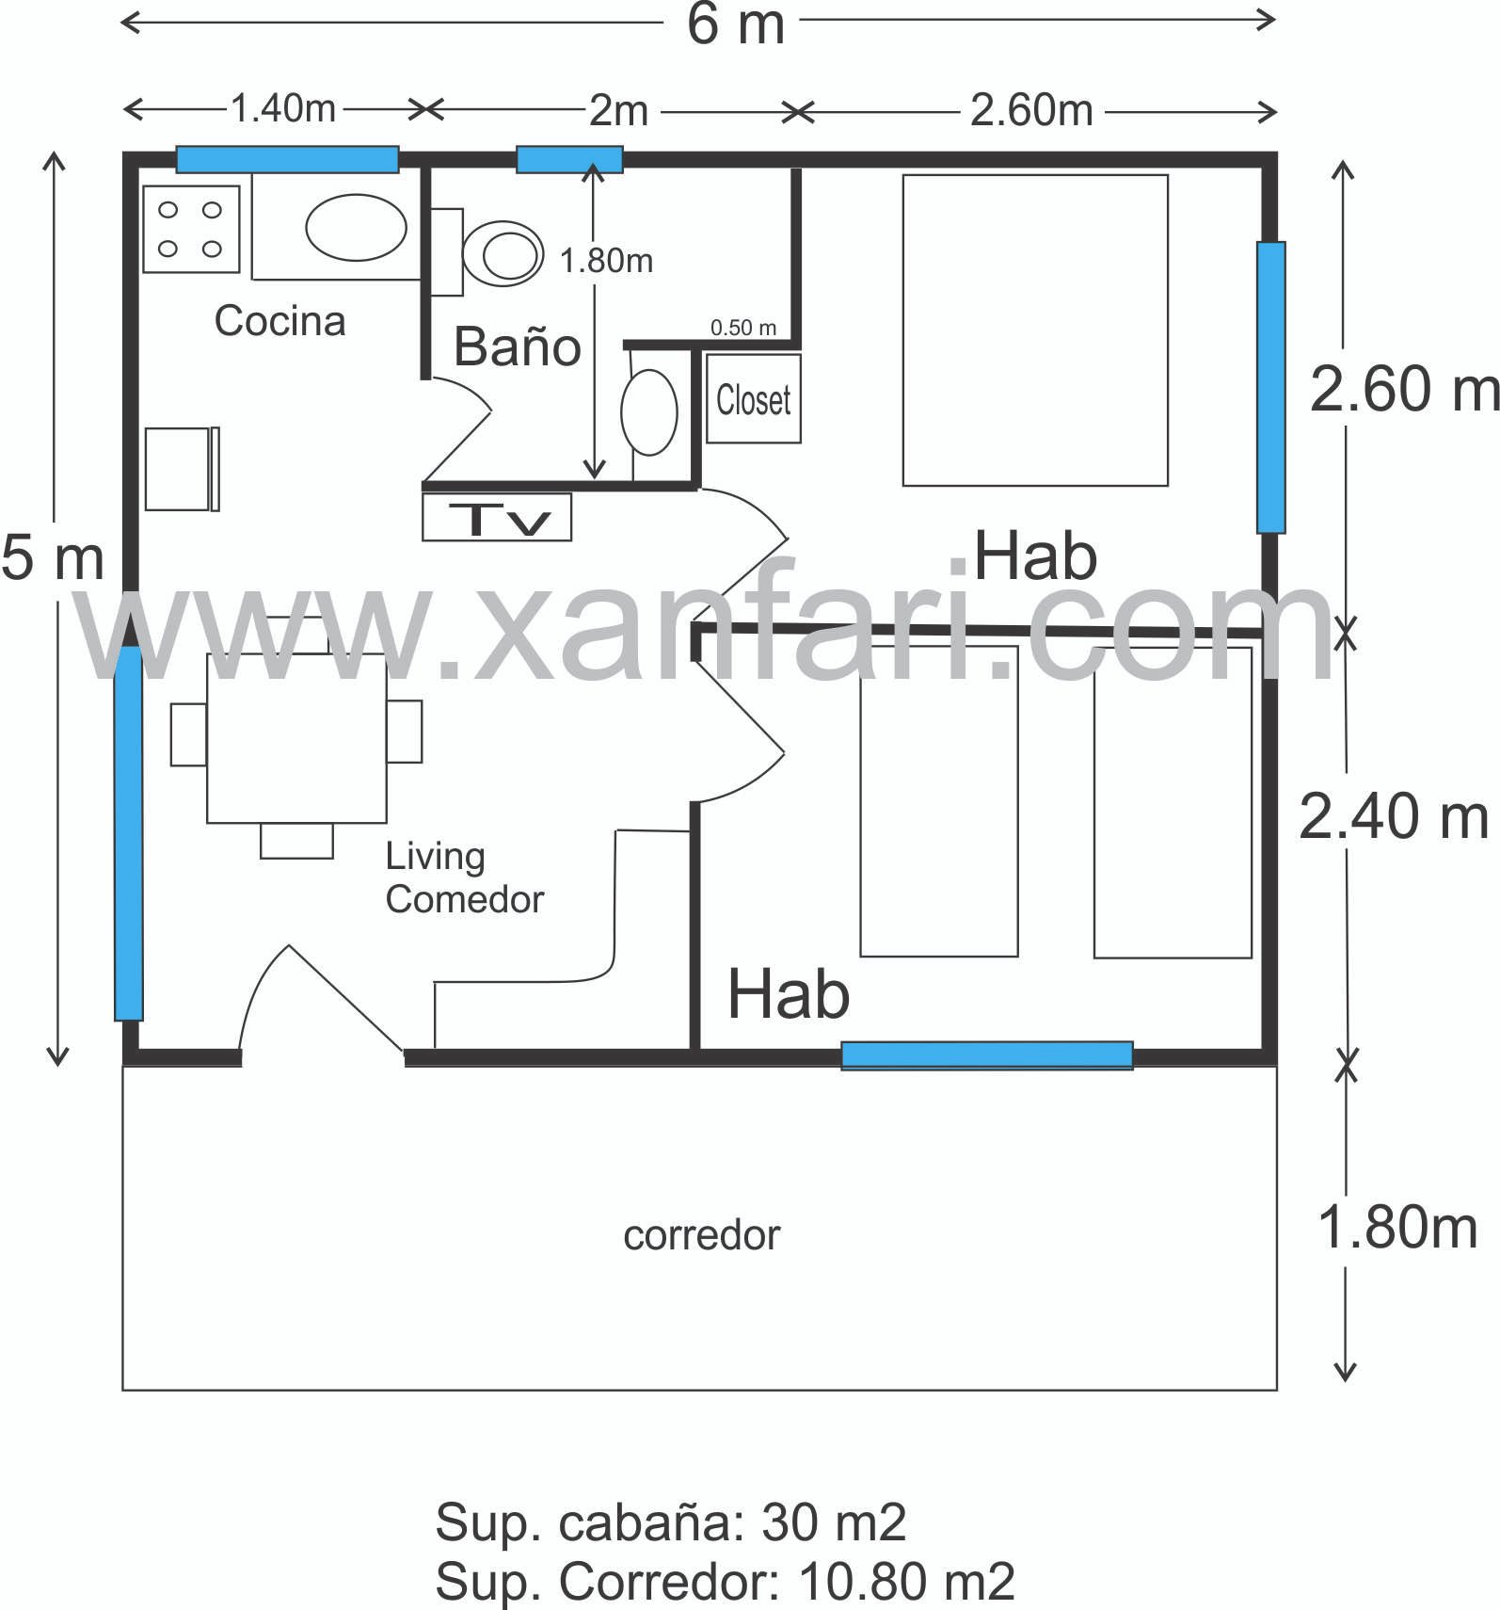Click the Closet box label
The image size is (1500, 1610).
(x=753, y=399)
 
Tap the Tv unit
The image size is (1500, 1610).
(x=497, y=517)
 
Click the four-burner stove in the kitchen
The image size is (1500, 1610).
(x=191, y=229)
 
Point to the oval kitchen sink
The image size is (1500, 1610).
(x=356, y=227)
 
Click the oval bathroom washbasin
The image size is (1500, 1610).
(x=649, y=412)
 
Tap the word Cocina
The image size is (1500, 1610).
(x=279, y=321)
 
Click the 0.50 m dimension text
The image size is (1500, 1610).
(x=743, y=328)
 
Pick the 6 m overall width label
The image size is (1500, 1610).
(x=736, y=24)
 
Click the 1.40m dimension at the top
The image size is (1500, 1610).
(x=283, y=108)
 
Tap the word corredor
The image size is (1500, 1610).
(x=702, y=1235)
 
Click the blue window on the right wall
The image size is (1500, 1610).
(x=1271, y=387)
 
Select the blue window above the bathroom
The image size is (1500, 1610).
(x=569, y=159)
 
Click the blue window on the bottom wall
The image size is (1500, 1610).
(x=987, y=1055)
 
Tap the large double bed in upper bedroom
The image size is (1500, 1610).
(x=1035, y=330)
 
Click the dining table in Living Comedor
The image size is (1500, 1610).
(x=296, y=738)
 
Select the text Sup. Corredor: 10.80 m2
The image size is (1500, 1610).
(x=725, y=1581)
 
